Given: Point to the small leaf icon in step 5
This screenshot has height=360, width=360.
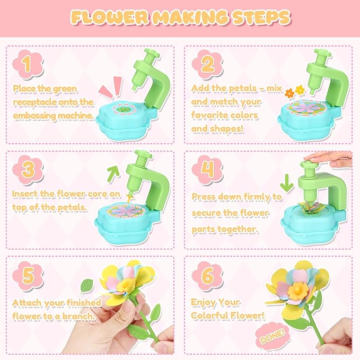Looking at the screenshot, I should click(x=85, y=286).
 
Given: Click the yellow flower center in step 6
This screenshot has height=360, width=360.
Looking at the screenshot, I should click(x=297, y=289).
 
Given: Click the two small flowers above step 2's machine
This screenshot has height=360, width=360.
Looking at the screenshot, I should click(x=294, y=91).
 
